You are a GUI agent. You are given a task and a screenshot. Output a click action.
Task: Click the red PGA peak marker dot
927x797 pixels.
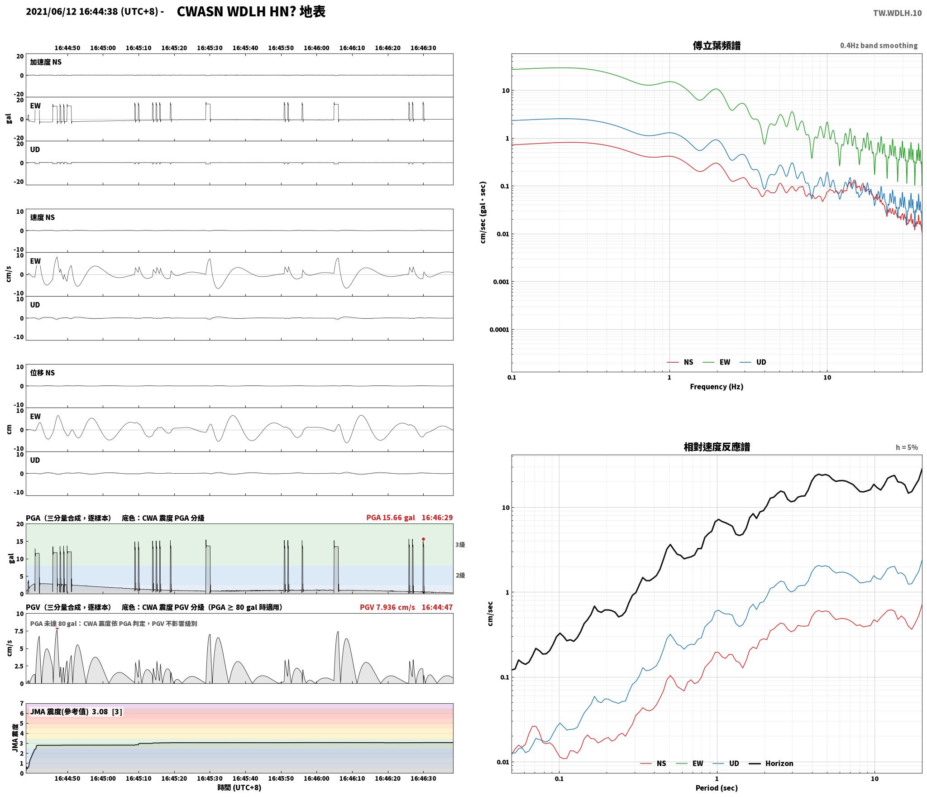423,539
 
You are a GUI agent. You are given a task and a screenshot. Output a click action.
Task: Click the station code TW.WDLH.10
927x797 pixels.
897,13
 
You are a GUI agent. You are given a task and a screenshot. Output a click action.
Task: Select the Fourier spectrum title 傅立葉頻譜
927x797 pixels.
717,46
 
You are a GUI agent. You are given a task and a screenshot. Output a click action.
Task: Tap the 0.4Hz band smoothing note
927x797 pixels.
879,46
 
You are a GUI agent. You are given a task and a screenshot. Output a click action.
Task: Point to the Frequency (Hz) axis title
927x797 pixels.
717,386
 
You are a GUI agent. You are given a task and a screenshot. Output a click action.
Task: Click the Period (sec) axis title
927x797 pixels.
717,787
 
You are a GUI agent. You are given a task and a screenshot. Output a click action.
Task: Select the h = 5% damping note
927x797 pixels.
907,447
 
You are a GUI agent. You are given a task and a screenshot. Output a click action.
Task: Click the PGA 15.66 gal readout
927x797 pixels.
391,518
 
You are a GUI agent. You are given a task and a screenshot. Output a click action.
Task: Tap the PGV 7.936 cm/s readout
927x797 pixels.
387,607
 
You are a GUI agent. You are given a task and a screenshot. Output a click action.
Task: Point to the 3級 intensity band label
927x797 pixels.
460,545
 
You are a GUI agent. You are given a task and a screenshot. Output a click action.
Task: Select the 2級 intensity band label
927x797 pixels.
460,575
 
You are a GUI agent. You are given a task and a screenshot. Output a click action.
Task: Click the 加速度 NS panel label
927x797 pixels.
46,62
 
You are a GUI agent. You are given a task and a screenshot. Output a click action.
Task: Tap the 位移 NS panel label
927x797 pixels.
43,373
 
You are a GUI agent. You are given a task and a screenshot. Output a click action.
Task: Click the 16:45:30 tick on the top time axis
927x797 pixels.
210,48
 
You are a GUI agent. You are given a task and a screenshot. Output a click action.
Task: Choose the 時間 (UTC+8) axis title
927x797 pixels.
239,787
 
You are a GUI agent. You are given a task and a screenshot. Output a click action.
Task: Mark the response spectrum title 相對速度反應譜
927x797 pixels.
717,447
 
